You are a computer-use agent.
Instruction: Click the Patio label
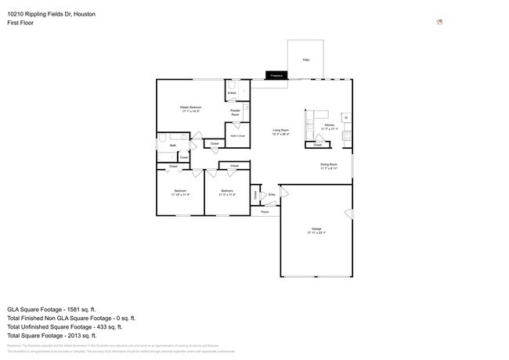[305, 59]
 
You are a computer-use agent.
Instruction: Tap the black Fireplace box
[276, 76]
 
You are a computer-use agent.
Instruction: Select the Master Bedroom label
[190, 110]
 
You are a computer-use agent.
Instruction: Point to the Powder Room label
[235, 113]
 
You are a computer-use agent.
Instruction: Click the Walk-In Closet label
[236, 136]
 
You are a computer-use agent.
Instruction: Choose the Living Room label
[280, 131]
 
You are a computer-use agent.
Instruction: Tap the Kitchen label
[329, 126]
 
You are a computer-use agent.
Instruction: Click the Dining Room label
[328, 166]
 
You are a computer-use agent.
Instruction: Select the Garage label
[314, 231]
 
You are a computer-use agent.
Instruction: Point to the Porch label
[265, 211]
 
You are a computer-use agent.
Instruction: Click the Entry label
[272, 194]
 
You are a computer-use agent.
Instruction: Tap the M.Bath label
[233, 94]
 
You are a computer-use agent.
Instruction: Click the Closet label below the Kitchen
[317, 145]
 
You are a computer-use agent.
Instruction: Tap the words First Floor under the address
[21, 23]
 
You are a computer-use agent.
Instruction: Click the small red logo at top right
[439, 22]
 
